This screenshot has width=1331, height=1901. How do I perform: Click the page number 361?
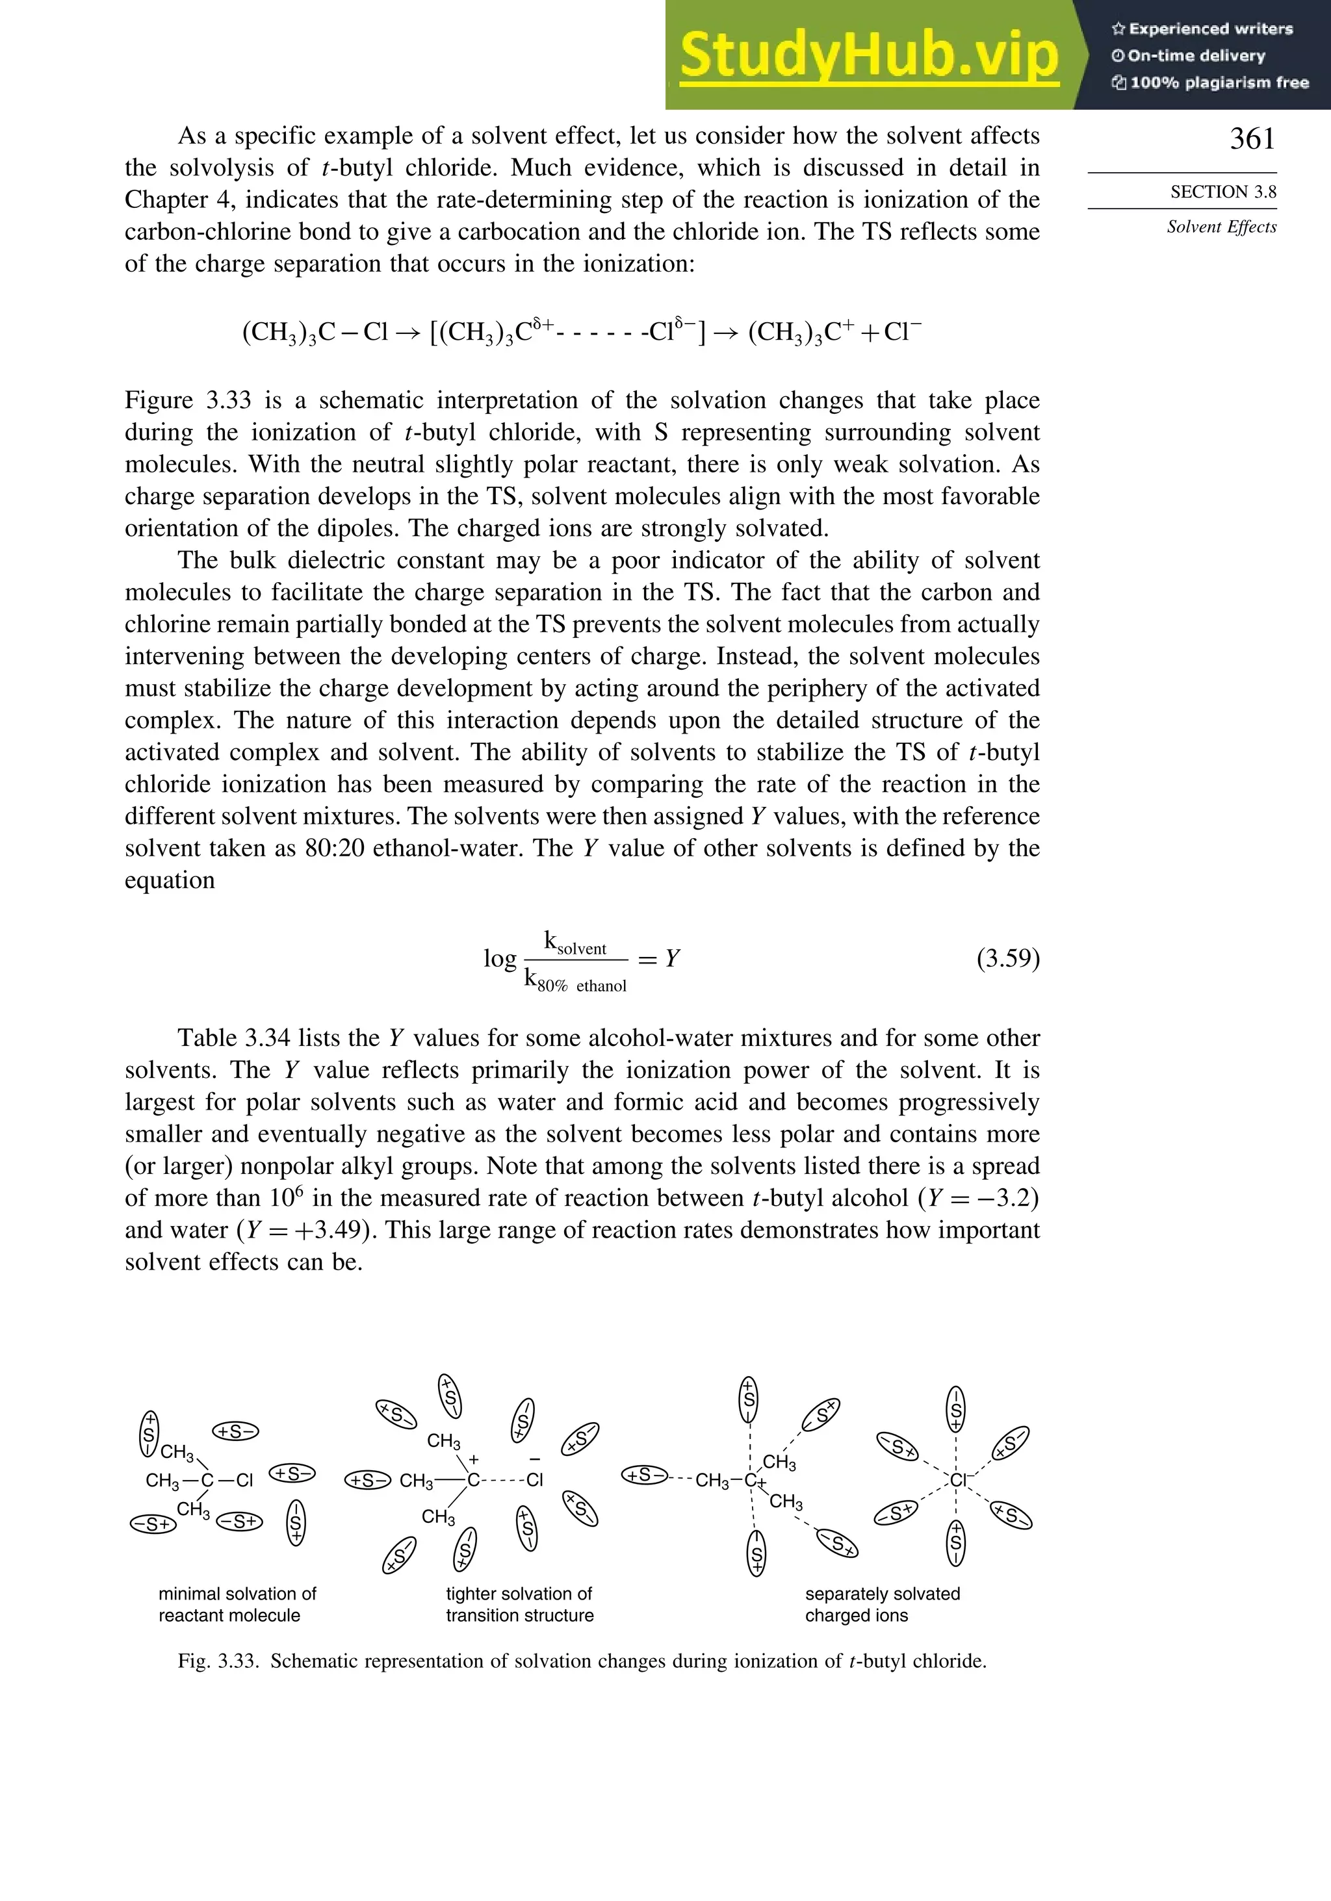[1252, 139]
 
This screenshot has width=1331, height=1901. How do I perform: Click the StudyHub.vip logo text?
[869, 57]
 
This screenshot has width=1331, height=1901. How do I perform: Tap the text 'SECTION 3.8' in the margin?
[1222, 192]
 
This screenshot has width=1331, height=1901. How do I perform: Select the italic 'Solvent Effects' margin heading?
[1221, 227]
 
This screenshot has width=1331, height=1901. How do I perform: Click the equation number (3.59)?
[1007, 959]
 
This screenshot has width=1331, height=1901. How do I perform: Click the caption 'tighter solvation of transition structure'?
[519, 1603]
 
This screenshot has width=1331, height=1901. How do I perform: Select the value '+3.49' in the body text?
[326, 1231]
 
